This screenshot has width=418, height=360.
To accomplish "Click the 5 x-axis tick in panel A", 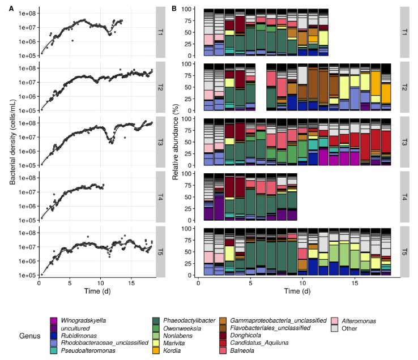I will pyautogui.click(x=70, y=283).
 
